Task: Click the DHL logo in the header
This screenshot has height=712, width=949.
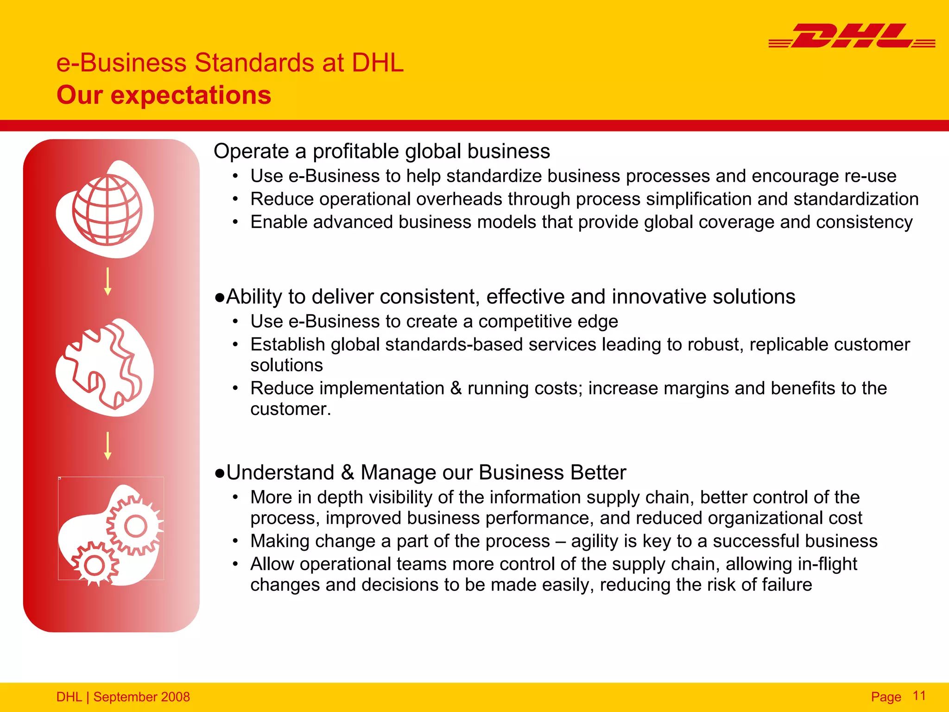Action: pos(852,36)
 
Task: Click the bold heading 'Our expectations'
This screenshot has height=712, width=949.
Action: pos(164,95)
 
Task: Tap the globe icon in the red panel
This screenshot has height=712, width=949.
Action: pos(108,210)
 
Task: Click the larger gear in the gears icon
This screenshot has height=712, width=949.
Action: pos(135,526)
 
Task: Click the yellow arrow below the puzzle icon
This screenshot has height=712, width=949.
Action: pos(108,445)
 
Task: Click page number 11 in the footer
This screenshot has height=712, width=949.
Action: pos(919,696)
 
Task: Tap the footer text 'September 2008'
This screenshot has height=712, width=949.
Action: pos(141,697)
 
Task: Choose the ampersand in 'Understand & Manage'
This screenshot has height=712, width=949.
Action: pos(348,472)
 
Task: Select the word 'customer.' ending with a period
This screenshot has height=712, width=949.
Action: pos(291,409)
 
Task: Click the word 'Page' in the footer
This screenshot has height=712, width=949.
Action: pos(886,697)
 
